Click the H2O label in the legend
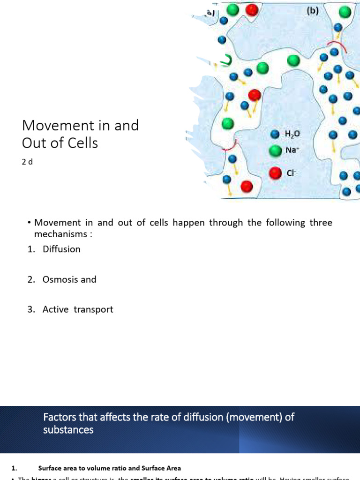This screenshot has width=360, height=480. pyautogui.click(x=292, y=134)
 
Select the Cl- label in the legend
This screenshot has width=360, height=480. pyautogui.click(x=290, y=173)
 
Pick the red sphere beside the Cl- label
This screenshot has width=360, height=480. pyautogui.click(x=275, y=173)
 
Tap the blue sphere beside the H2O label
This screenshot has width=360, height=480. pyautogui.click(x=275, y=135)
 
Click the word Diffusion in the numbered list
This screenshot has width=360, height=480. pyautogui.click(x=61, y=249)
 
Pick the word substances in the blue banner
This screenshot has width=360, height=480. pyautogui.click(x=68, y=429)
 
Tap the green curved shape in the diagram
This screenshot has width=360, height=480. pyautogui.click(x=227, y=60)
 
